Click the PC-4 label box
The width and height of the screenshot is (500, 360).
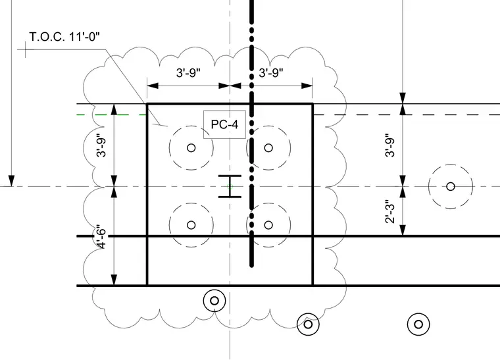tap(225, 124)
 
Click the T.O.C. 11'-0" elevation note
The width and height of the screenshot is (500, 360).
tap(64, 37)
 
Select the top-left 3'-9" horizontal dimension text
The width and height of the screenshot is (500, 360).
tap(188, 72)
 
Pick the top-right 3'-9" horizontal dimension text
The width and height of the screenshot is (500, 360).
tap(271, 72)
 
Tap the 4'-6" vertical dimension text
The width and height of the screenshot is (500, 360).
tap(102, 236)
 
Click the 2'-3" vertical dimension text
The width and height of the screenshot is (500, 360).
tap(390, 212)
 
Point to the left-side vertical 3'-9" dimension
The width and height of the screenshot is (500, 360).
tap(102, 145)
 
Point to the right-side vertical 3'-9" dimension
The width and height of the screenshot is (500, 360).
tap(390, 145)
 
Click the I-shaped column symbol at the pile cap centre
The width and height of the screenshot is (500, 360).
tap(230, 186)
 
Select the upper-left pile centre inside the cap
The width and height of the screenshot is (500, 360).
tap(191, 147)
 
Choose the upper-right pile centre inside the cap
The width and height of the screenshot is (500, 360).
tap(268, 147)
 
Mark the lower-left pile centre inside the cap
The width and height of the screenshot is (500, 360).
tap(191, 225)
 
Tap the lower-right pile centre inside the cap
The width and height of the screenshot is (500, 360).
tap(268, 225)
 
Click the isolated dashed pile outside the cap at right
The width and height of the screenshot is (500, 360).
tap(450, 186)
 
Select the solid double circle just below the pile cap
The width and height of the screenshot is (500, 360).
tap(214, 301)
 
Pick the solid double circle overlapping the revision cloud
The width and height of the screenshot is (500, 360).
tap(308, 324)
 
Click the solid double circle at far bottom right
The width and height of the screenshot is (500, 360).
tap(418, 324)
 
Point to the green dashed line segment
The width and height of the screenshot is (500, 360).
tap(112, 115)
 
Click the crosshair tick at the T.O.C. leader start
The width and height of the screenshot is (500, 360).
tap(26, 49)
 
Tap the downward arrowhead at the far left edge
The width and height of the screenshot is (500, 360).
tap(11, 181)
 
